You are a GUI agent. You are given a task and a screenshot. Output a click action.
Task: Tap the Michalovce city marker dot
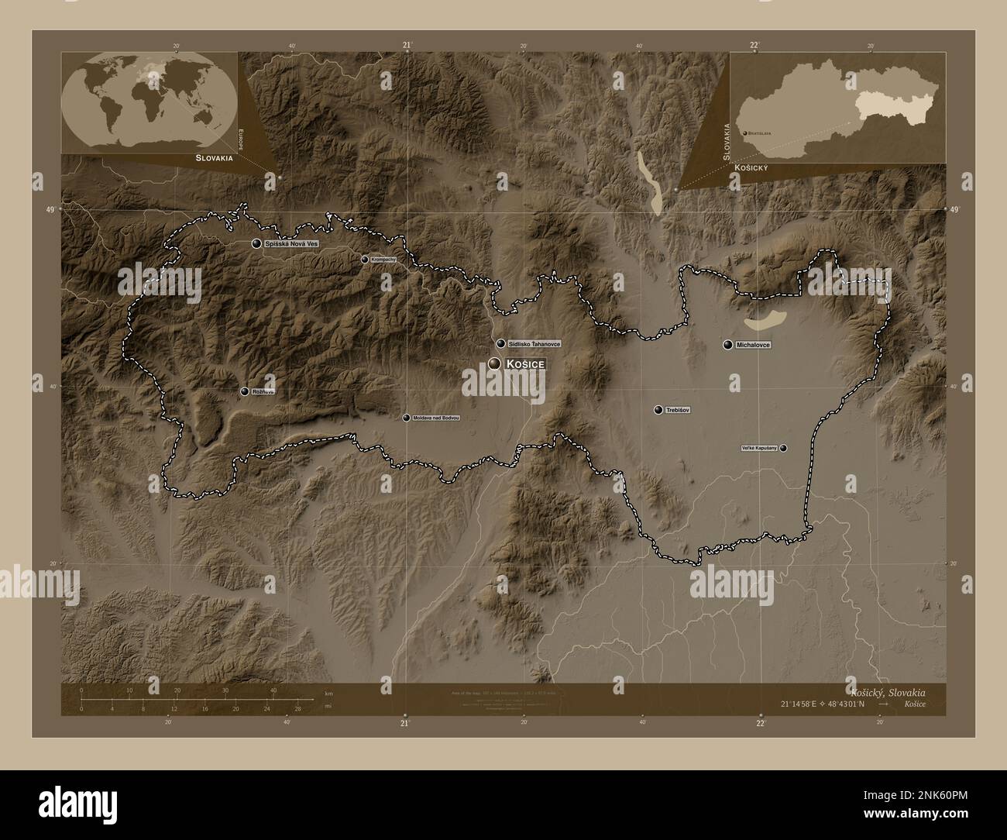pyautogui.click(x=727, y=344)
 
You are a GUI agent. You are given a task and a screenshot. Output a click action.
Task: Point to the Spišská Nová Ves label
pyautogui.click(x=292, y=243)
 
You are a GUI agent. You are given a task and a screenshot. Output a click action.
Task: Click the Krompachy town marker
pyautogui.click(x=365, y=260)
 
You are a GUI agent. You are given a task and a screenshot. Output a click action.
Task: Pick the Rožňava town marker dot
pyautogui.click(x=245, y=391)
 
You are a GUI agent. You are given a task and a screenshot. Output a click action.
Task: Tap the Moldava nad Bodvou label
pyautogui.click(x=437, y=418)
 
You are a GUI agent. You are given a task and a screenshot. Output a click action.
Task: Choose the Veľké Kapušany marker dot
pyautogui.click(x=784, y=448)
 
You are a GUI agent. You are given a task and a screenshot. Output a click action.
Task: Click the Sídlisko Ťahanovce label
pyautogui.click(x=534, y=343)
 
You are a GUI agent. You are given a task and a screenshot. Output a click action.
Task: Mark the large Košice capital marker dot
pyautogui.click(x=494, y=363)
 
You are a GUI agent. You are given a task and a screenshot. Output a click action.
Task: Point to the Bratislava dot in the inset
pyautogui.click(x=745, y=133)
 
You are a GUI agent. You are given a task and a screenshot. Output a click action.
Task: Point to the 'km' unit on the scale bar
pyautogui.click(x=329, y=693)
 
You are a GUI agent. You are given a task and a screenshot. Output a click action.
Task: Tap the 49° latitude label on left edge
pyautogui.click(x=50, y=209)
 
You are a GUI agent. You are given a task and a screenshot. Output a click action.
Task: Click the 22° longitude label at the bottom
pyautogui.click(x=761, y=723)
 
